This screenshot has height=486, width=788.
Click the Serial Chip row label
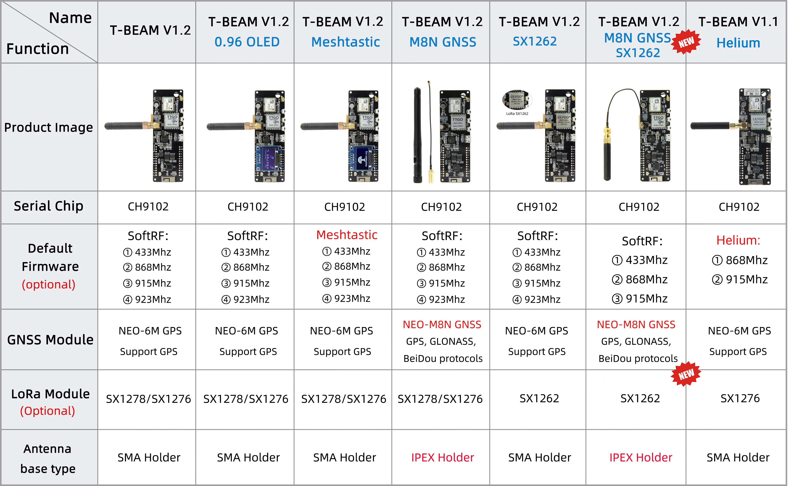click(49, 206)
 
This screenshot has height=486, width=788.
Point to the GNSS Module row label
click(50, 340)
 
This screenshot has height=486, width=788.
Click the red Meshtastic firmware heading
click(347, 235)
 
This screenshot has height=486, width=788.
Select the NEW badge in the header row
click(686, 42)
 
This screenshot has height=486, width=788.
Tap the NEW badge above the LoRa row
click(686, 374)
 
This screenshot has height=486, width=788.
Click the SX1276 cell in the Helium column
click(740, 399)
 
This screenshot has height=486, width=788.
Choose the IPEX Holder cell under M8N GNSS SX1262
click(641, 457)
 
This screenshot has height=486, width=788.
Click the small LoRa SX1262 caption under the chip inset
click(517, 113)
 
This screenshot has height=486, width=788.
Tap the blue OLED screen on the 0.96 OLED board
click(268, 158)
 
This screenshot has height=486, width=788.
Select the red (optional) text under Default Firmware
click(49, 285)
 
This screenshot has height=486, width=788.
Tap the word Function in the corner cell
click(38, 49)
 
